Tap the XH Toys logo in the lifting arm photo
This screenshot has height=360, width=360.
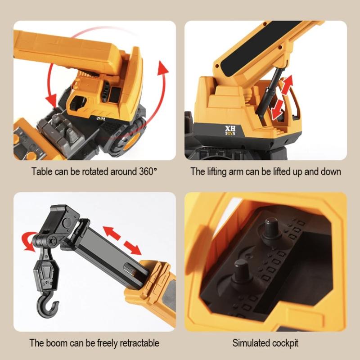[230, 130]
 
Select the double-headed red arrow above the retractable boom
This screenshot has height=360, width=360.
[122, 241]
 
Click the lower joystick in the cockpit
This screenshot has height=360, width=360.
[242, 274]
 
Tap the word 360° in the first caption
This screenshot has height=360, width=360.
[148, 171]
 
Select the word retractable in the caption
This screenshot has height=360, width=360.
[139, 343]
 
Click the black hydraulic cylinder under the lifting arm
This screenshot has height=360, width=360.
[270, 94]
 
